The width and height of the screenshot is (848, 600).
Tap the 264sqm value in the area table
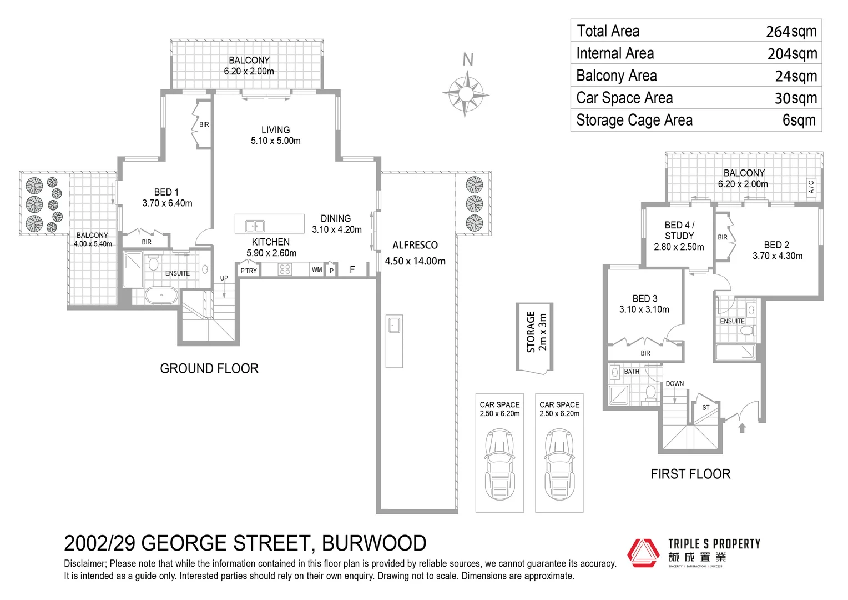click(791, 31)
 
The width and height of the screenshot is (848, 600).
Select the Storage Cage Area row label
click(634, 120)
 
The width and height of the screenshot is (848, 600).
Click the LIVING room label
click(275, 135)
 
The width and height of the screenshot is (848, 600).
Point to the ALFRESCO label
click(415, 245)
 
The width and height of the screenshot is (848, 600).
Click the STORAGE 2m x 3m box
click(535, 337)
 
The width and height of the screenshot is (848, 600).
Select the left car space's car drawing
click(499, 463)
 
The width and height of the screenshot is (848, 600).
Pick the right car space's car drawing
click(559, 463)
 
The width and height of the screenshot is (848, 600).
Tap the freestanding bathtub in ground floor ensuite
click(161, 296)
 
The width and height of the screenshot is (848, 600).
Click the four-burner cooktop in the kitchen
click(285, 270)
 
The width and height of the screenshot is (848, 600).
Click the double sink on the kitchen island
click(255, 226)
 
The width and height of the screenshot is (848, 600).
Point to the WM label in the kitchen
click(316, 270)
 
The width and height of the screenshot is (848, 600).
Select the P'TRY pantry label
click(248, 271)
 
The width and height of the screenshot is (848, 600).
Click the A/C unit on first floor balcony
click(811, 187)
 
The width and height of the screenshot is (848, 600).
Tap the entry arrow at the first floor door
click(742, 428)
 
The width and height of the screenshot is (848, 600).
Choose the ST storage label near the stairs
click(705, 407)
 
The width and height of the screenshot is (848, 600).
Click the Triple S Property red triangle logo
click(643, 553)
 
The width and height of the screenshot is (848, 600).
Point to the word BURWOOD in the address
click(374, 543)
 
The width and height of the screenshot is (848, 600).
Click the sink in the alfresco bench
click(394, 324)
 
